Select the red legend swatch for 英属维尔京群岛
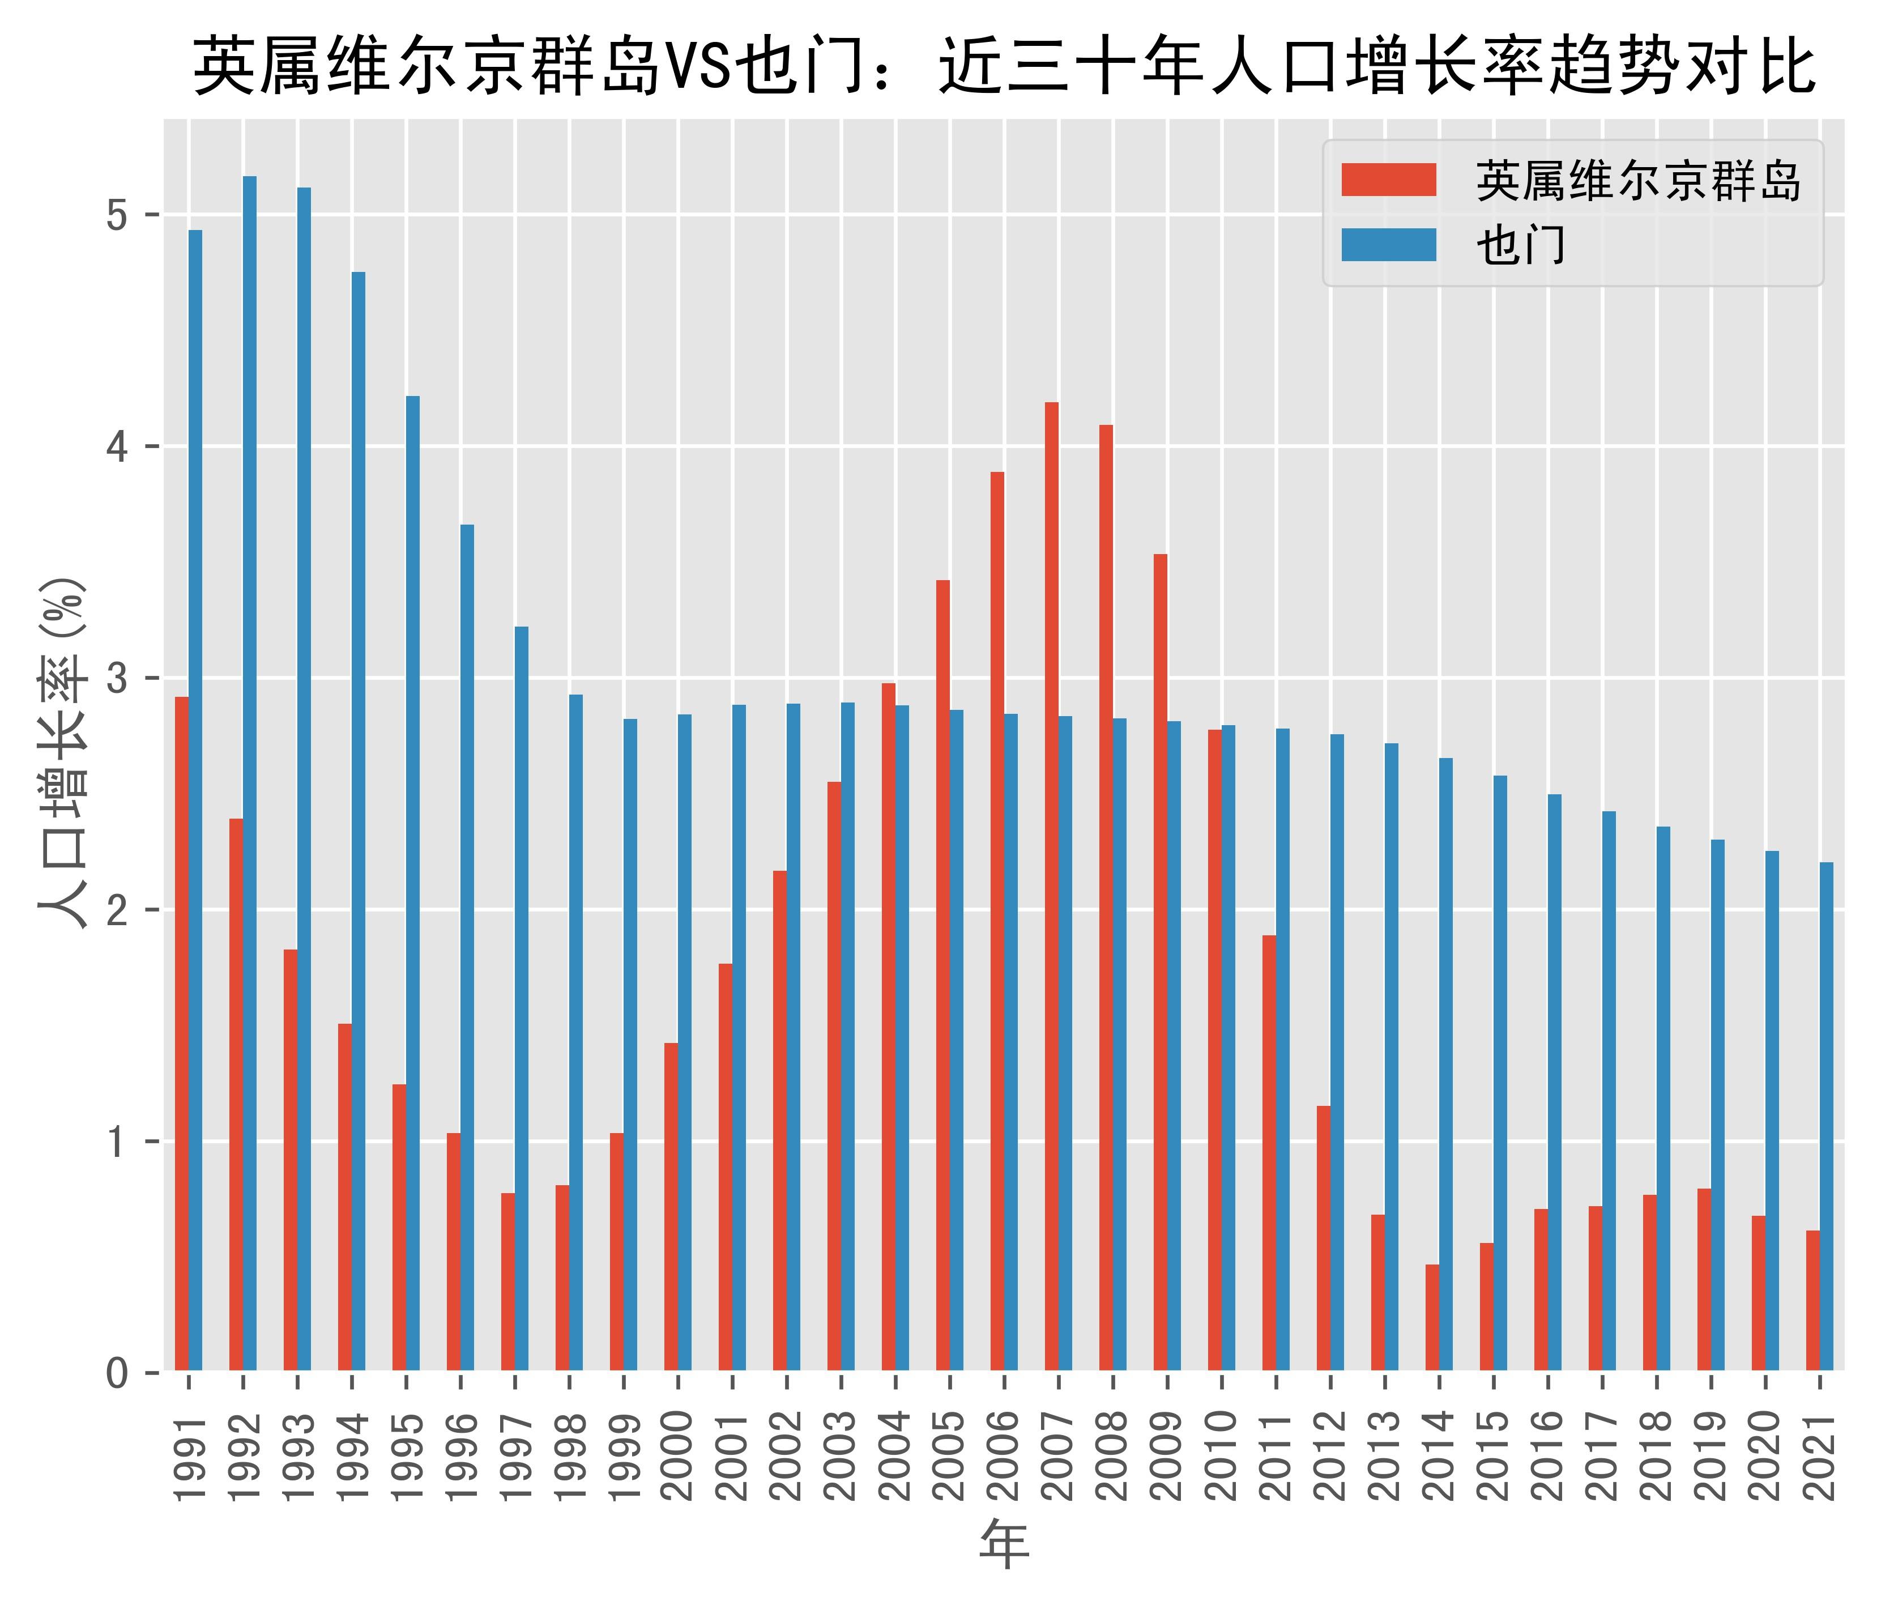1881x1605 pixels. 1388,180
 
